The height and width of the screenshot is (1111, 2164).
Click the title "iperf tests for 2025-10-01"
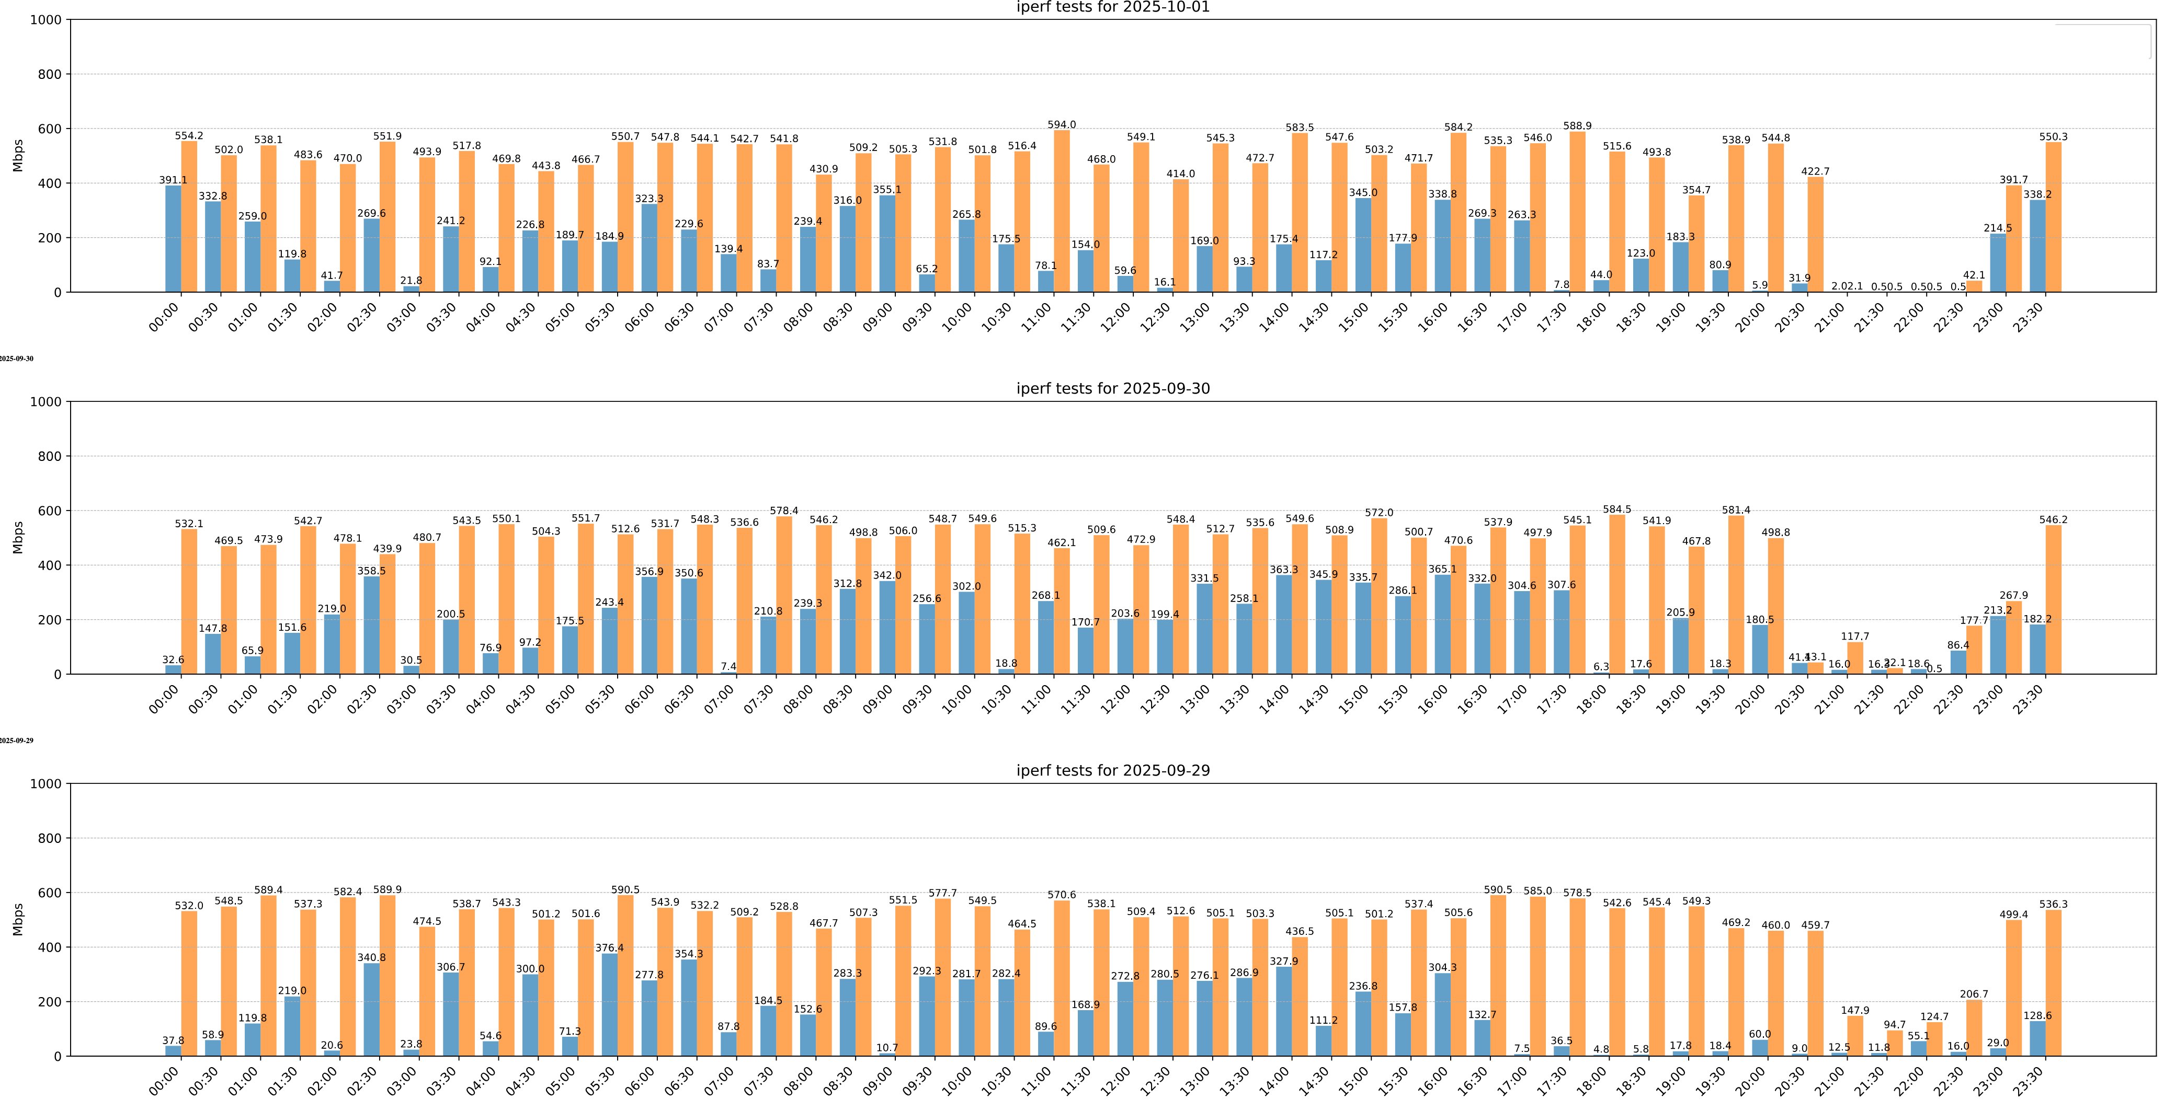click(1112, 7)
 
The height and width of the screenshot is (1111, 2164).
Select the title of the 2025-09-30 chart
click(1112, 389)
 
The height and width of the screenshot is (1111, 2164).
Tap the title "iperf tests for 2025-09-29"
click(1112, 771)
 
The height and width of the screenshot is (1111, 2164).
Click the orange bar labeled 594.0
click(1062, 212)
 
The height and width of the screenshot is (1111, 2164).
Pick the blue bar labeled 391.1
click(173, 239)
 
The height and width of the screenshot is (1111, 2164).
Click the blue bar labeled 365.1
click(1442, 625)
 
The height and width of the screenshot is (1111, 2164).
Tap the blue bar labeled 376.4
click(610, 1005)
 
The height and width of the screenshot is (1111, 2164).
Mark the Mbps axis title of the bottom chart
click(18, 920)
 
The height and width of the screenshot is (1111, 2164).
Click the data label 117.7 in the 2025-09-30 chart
click(1855, 636)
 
